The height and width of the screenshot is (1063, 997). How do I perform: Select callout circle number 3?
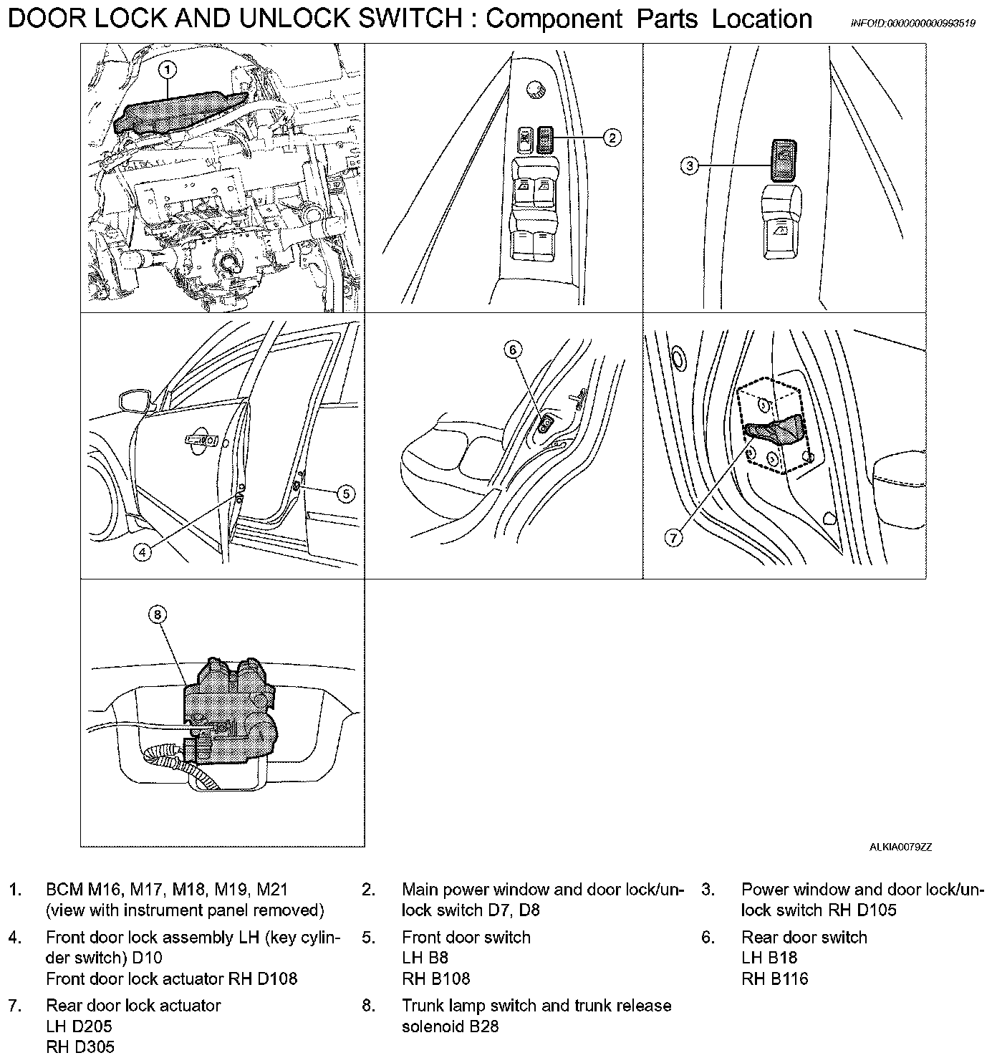[689, 166]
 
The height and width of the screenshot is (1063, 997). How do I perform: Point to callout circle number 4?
[143, 552]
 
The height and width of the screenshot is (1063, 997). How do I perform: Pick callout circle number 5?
[346, 494]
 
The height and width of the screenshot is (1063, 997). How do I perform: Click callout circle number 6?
[513, 350]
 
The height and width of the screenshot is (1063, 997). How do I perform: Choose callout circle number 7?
[673, 538]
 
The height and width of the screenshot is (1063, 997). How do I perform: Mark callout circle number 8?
[158, 614]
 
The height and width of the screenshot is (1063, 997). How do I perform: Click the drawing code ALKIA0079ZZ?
[901, 847]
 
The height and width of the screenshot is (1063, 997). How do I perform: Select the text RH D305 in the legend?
[80, 1047]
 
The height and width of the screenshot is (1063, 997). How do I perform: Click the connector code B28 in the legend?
[483, 1026]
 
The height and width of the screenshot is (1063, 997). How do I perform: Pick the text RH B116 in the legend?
[775, 978]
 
